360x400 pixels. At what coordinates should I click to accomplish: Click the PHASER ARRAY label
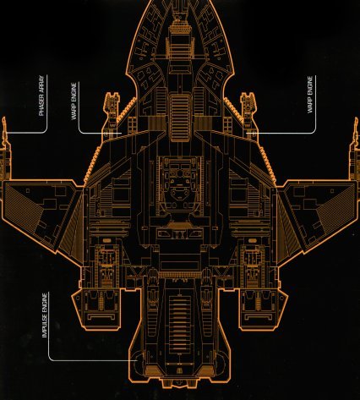point(41,96)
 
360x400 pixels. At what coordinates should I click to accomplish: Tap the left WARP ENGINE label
point(74,101)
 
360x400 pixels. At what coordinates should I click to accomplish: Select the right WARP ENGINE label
point(310,95)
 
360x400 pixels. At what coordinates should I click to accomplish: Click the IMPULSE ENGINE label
point(45,315)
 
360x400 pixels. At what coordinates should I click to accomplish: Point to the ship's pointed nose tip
point(180,1)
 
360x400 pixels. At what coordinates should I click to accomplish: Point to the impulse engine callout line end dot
point(136,360)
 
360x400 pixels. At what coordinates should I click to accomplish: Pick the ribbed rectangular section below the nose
point(180,117)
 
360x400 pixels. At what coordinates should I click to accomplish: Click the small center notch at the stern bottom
point(180,384)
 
